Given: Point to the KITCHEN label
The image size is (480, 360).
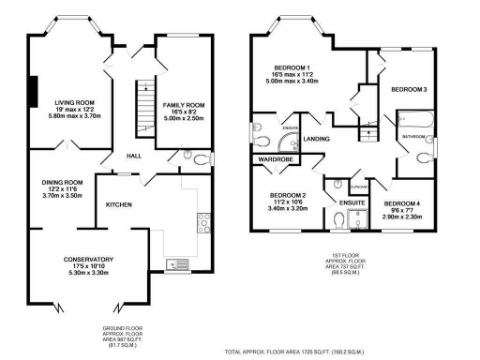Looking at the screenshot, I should coord(118,204).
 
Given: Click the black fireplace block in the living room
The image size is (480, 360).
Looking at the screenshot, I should coord(33,91).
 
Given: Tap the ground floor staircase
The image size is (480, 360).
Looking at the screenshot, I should coord(143,99).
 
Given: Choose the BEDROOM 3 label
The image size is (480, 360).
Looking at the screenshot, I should coord(409,89).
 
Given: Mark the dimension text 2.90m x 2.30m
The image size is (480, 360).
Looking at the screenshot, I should coord(408,217).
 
